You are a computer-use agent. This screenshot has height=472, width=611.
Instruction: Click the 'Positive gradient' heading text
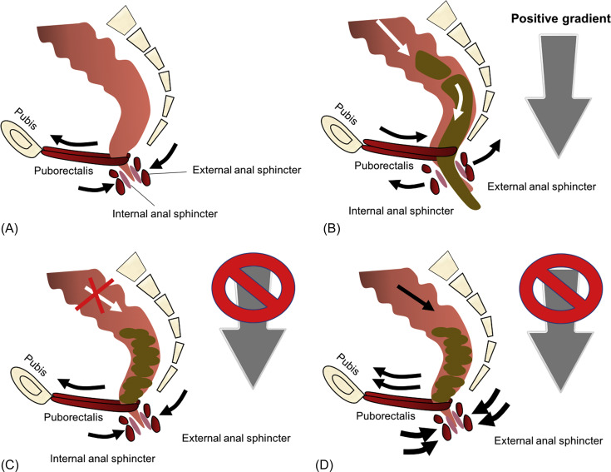click(x=561, y=18)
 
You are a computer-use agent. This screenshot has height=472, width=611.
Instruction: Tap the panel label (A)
click(x=10, y=228)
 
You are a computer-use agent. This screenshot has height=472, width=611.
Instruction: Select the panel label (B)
click(x=332, y=228)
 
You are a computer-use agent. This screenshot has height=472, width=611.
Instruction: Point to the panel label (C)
click(x=10, y=465)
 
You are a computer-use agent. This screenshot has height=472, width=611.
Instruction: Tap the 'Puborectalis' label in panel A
click(x=63, y=171)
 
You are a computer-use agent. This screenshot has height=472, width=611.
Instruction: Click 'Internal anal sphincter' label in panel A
click(x=165, y=214)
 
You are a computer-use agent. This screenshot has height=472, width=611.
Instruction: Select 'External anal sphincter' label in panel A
click(x=247, y=170)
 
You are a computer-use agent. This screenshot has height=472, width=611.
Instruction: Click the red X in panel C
click(x=95, y=296)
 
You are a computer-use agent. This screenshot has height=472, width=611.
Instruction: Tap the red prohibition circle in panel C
click(x=254, y=287)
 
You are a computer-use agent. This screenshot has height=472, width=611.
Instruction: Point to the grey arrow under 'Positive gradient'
click(x=559, y=96)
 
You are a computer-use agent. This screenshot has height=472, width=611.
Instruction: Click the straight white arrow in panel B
click(x=392, y=37)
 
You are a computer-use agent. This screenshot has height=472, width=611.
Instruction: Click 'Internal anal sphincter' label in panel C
click(x=102, y=459)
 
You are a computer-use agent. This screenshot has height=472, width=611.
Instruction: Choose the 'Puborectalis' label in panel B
click(x=384, y=166)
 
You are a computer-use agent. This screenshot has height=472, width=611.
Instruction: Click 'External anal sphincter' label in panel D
click(x=549, y=441)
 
